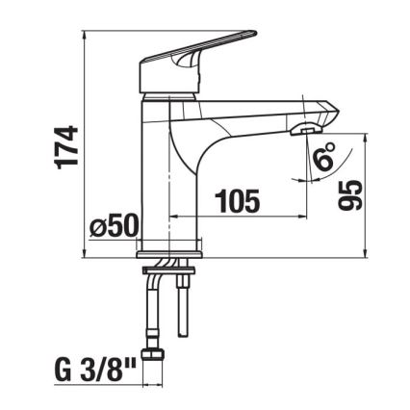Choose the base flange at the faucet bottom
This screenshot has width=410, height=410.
coord(173,253)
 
